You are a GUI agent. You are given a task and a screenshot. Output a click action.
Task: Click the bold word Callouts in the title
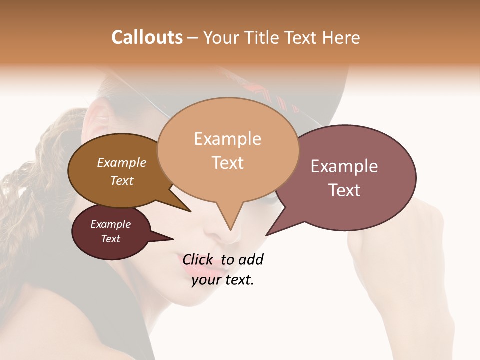coord(147,37)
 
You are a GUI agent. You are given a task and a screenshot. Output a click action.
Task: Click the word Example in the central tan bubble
coord(227,139)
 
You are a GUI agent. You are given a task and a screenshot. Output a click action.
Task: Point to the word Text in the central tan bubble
coord(227,163)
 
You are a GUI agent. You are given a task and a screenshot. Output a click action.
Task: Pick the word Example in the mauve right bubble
coord(344,166)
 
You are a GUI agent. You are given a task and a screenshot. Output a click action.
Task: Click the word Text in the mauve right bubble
coord(344,190)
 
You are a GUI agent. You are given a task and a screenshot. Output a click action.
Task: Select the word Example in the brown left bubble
coord(122,162)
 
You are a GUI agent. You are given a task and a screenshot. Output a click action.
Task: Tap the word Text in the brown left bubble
coord(122,180)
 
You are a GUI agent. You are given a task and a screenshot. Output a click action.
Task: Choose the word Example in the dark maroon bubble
coord(111,224)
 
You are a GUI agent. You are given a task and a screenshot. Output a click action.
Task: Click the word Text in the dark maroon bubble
coord(111,239)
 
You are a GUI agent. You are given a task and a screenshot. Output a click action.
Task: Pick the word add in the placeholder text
coord(251,259)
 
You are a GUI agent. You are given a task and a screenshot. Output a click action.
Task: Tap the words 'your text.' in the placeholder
coord(223,280)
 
